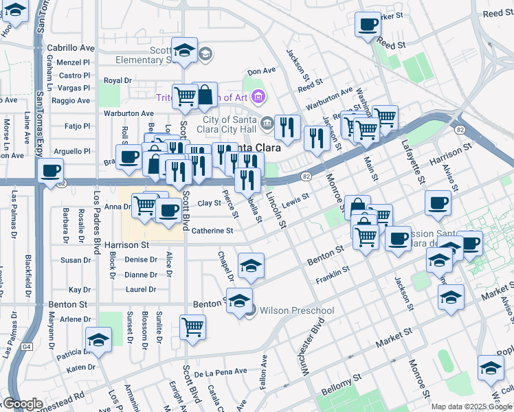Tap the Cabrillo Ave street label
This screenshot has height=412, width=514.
click(71, 48)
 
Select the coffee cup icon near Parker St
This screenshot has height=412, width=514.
click(368, 25)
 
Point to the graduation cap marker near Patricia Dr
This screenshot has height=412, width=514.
click(98, 339)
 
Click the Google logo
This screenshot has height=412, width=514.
click(23, 404)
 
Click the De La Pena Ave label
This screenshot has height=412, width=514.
click(220, 371)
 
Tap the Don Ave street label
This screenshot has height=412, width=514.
click(261, 71)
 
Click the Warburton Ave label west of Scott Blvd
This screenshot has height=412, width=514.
click(128, 113)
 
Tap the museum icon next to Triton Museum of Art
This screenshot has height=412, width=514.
click(258, 97)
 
